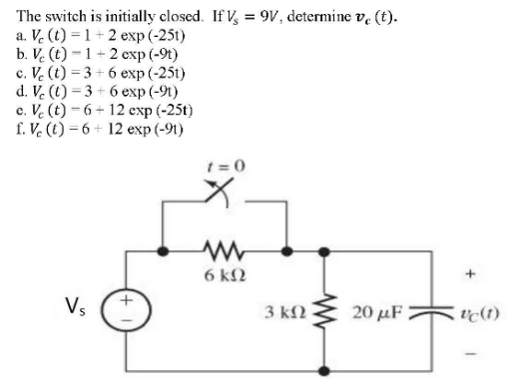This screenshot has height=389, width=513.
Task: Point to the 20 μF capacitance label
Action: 376,304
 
